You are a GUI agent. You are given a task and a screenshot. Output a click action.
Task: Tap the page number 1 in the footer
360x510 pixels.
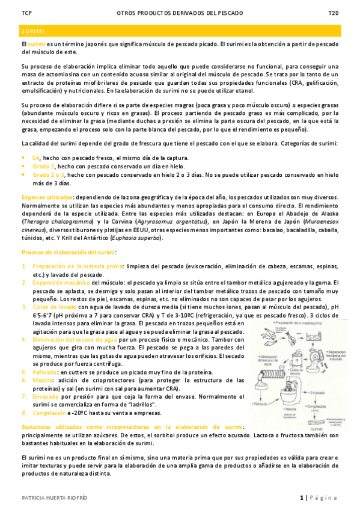click(302, 497)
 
